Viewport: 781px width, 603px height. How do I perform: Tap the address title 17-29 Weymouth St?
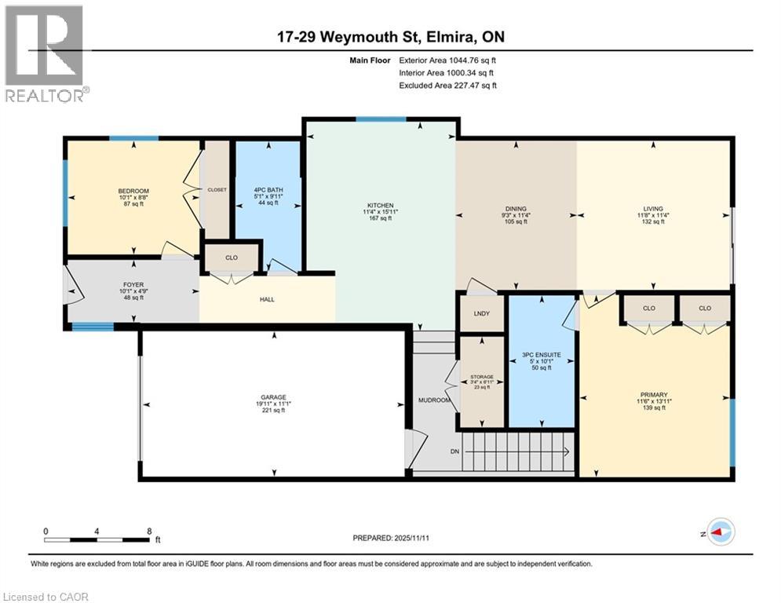[389, 38]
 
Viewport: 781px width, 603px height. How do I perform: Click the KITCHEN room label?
[378, 205]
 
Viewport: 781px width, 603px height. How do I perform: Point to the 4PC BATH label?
[268, 189]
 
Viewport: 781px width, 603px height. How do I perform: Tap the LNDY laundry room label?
[481, 314]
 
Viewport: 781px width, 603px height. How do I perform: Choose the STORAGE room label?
[481, 376]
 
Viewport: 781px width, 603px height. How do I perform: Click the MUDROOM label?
[434, 400]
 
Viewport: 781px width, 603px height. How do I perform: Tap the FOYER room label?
[133, 285]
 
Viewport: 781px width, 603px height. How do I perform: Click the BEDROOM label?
[133, 192]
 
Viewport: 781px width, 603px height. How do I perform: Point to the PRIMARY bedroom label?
[653, 394]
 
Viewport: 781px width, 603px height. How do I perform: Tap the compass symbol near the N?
[721, 532]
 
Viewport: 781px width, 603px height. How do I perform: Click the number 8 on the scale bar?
[149, 532]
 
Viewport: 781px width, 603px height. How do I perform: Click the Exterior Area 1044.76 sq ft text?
[448, 60]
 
